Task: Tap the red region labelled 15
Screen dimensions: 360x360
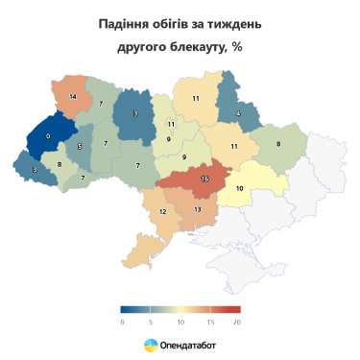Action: (204, 178)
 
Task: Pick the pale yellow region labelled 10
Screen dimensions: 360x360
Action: (239, 189)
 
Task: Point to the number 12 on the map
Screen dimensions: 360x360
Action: (162, 211)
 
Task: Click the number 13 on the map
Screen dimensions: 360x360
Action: (197, 209)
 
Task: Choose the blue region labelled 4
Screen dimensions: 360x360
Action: (237, 114)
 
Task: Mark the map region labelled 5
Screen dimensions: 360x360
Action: (81, 146)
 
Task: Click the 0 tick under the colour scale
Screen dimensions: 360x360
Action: (122, 323)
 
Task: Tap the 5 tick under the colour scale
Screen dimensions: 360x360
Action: (151, 323)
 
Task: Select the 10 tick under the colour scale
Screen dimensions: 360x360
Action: (180, 323)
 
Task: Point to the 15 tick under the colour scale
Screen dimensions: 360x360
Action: (208, 323)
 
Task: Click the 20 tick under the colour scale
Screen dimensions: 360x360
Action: (237, 323)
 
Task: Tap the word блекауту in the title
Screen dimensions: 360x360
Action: (186, 49)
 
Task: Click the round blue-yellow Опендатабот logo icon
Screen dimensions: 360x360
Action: (151, 345)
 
